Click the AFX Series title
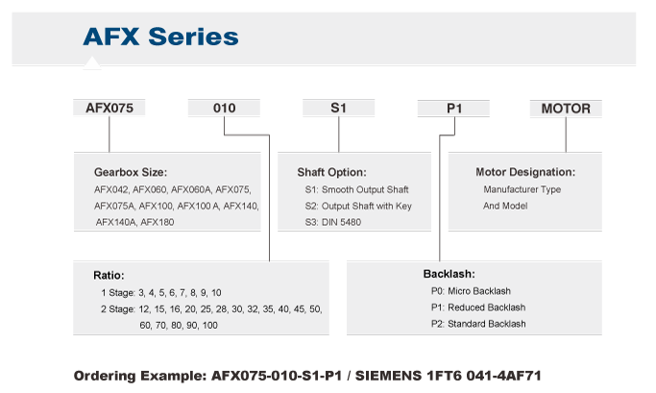point(160,37)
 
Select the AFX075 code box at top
point(109,108)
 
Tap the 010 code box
point(224,108)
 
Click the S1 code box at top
point(338,108)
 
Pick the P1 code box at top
point(453,109)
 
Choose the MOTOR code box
point(566,109)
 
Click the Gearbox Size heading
point(131,172)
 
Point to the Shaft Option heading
point(331,172)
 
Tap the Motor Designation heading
point(525,172)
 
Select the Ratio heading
point(109,276)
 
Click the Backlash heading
point(449,274)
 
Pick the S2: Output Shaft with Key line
point(358,206)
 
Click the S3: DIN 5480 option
point(333,222)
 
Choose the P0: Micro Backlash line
point(471,291)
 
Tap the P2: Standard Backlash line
point(478,324)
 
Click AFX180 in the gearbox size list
point(158,222)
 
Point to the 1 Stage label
point(118,292)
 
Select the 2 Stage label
point(118,309)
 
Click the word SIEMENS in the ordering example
point(388,376)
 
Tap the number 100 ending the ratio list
point(210,325)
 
